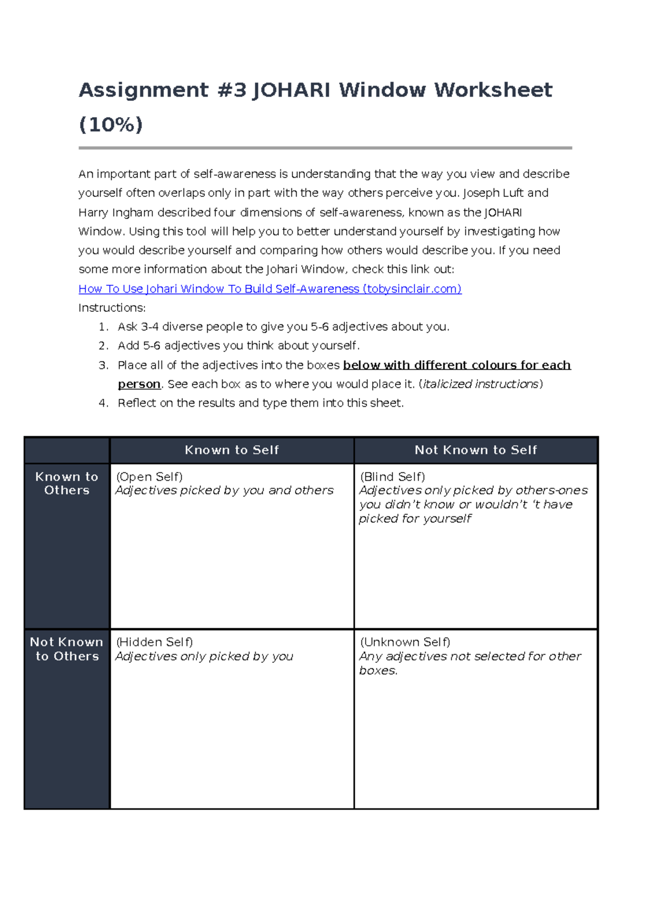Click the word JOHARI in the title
point(291,90)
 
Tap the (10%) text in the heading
point(111,125)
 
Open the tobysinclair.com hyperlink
point(270,289)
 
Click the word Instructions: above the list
point(112,308)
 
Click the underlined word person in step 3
point(139,385)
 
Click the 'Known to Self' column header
point(232,450)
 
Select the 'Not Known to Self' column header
point(476,450)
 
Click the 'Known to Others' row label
point(67,483)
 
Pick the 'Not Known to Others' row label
point(67,649)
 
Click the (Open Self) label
point(149,477)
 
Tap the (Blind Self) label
point(392,477)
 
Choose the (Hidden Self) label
point(154,642)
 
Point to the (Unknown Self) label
point(405,642)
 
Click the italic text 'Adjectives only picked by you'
point(204,657)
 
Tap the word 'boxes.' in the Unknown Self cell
point(378,671)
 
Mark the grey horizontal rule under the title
point(325,148)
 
